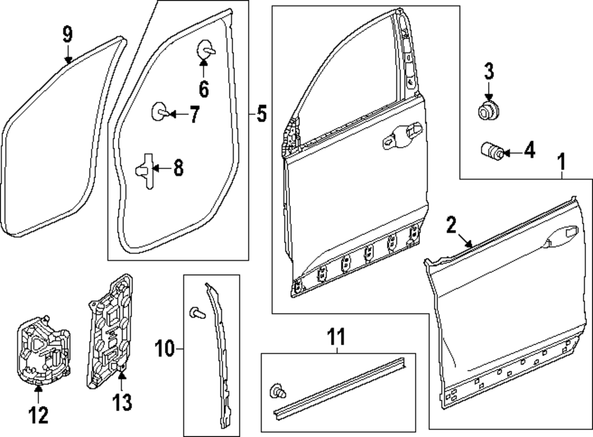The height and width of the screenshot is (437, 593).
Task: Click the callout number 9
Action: point(68,34)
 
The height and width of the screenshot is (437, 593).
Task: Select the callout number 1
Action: point(562,160)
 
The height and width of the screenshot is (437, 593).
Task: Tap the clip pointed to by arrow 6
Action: point(205,50)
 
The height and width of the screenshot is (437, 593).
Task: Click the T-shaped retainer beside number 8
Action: point(146,169)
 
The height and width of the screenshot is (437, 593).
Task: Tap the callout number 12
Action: point(39,415)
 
